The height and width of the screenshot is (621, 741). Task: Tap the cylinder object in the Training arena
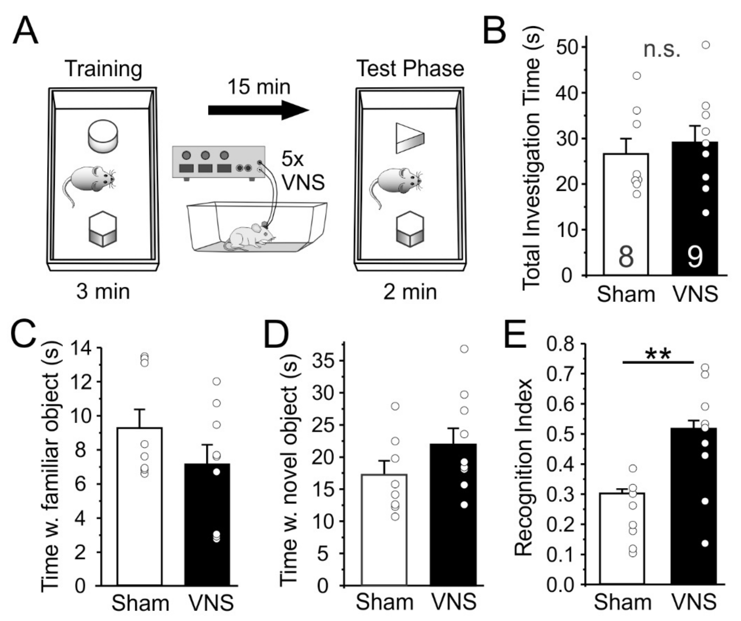(103, 136)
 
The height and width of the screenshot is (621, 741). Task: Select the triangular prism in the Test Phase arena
(410, 138)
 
